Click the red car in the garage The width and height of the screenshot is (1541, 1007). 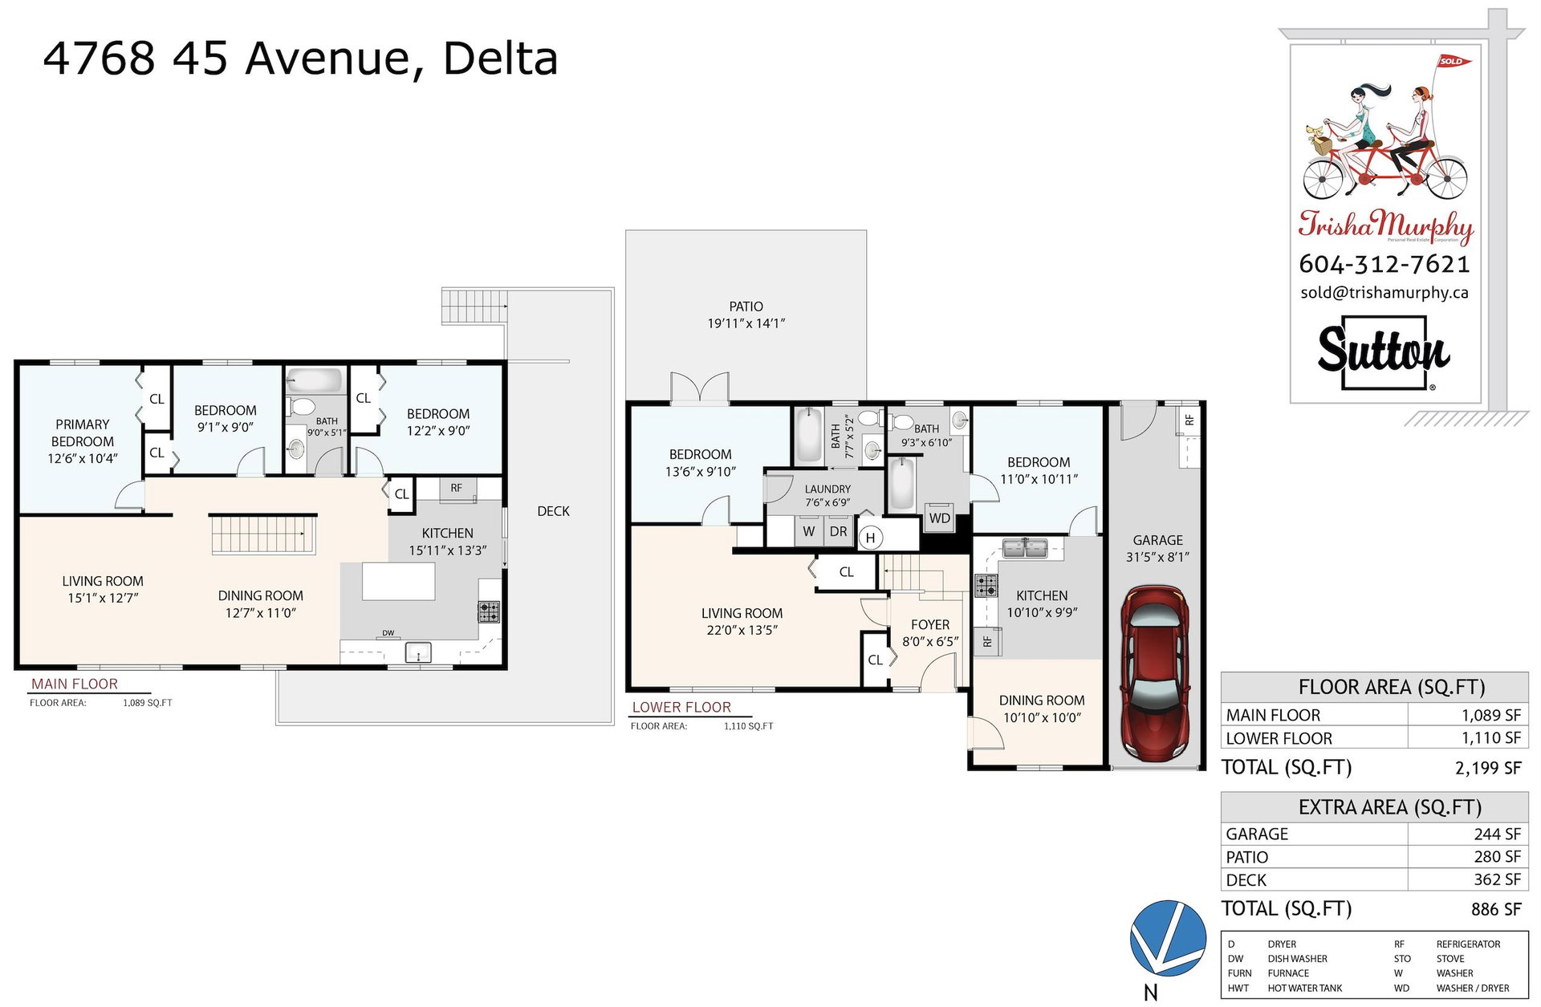[1156, 673]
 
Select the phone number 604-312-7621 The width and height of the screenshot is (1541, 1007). [1384, 264]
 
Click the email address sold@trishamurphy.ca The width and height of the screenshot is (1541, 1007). [1384, 293]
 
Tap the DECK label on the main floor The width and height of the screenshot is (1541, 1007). [553, 511]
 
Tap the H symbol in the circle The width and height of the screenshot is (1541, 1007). [870, 538]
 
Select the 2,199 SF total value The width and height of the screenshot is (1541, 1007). [1488, 768]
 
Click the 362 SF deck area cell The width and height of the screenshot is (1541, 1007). [1497, 879]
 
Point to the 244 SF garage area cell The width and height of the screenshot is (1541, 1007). [1497, 834]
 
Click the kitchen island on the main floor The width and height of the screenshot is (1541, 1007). [399, 582]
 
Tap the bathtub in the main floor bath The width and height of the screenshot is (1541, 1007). [315, 380]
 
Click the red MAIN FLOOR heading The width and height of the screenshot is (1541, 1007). [75, 684]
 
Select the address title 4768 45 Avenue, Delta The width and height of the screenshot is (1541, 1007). [300, 58]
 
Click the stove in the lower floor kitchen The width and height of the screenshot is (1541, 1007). [986, 586]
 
